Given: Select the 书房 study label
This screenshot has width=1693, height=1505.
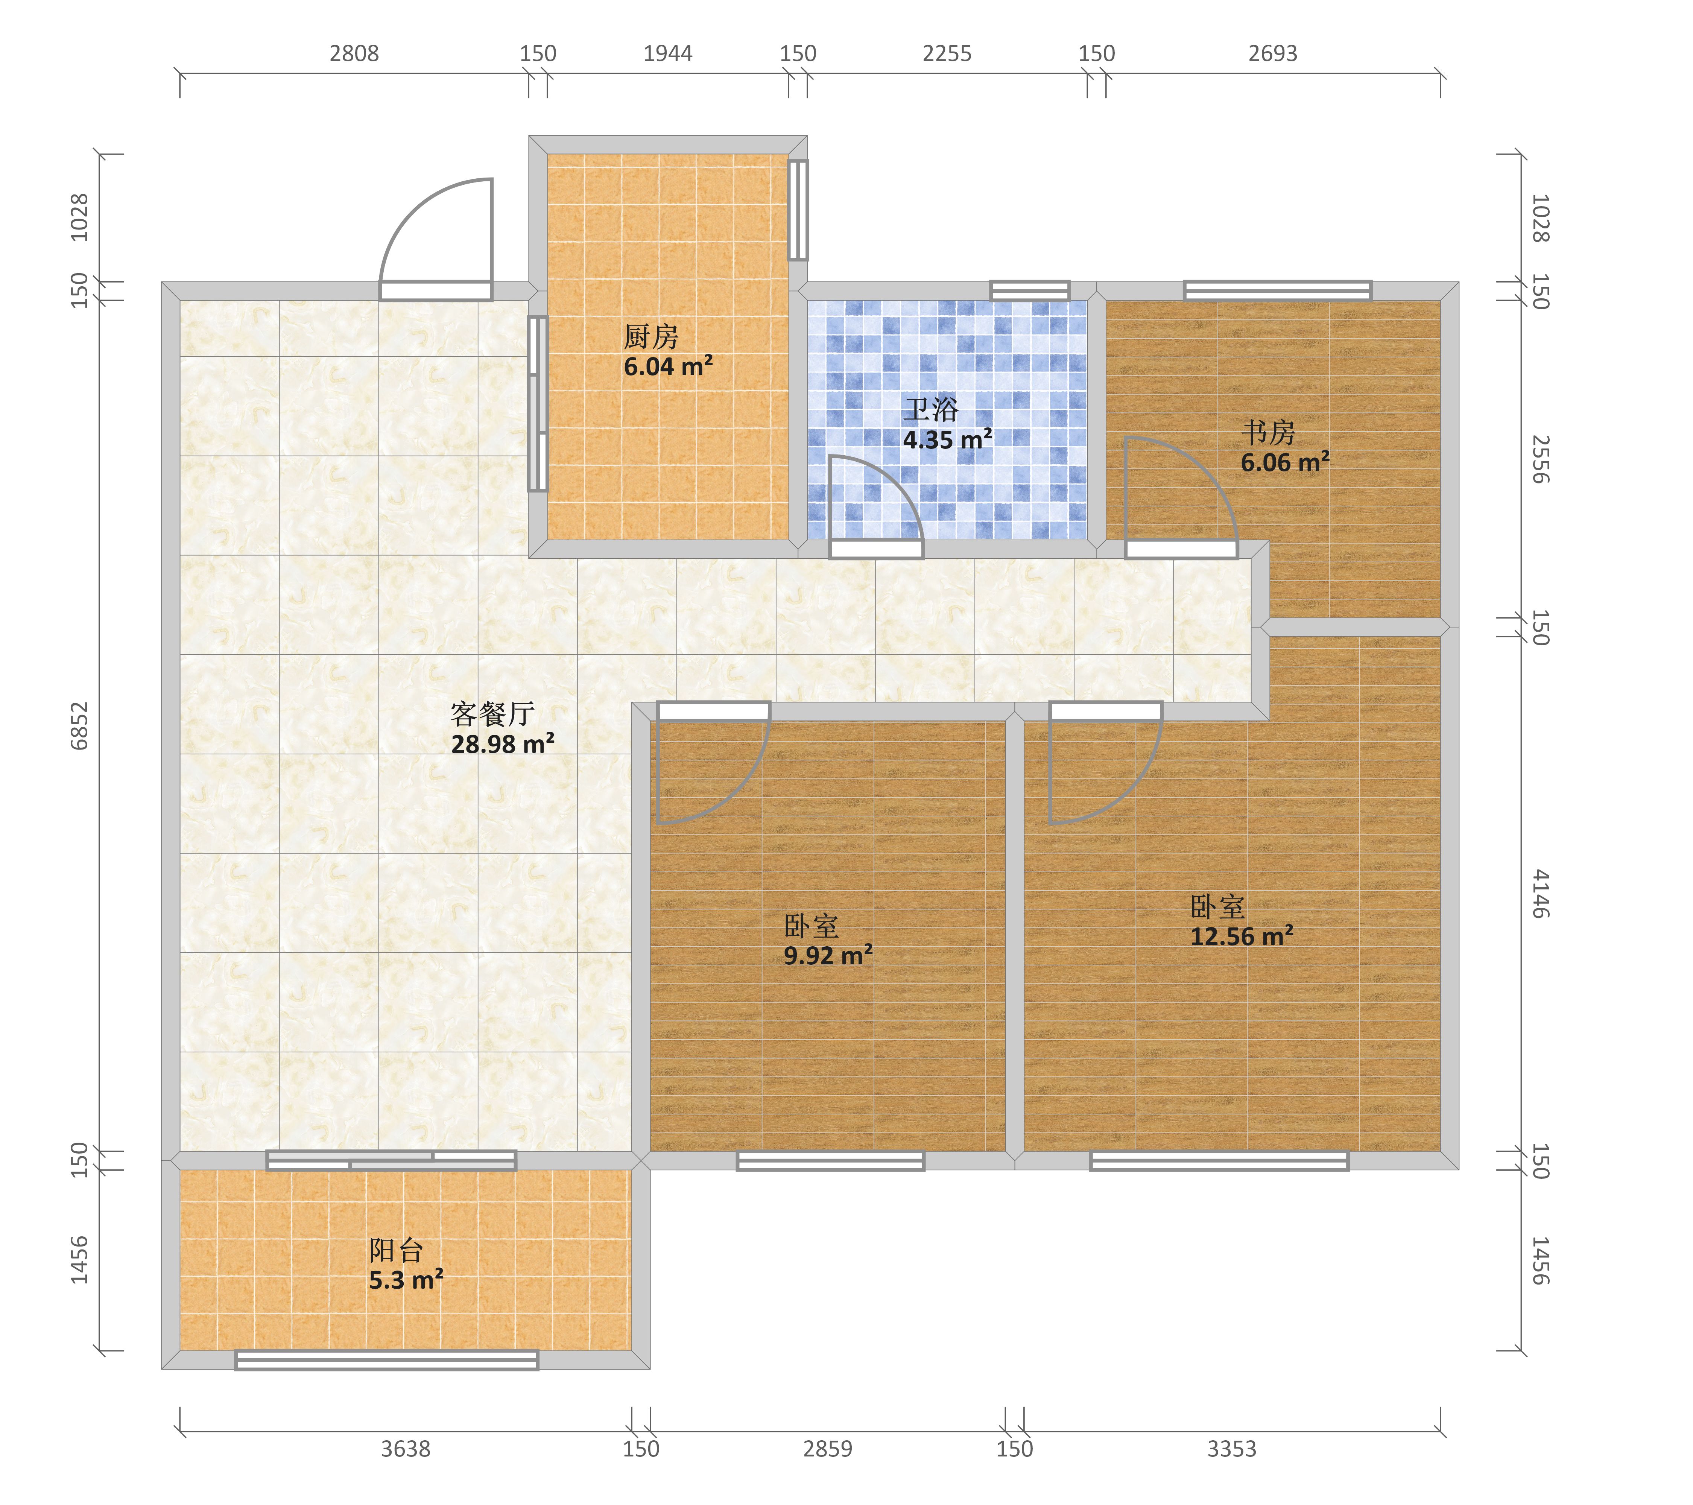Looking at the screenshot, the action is click(1268, 432).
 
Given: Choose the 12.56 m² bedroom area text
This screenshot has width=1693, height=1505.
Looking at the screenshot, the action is click(1242, 936).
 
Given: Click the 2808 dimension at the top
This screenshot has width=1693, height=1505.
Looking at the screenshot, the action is click(354, 54).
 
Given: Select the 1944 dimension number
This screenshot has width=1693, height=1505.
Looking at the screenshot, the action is click(667, 54).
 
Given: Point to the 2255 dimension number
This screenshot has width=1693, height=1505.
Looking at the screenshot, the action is click(947, 54).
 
